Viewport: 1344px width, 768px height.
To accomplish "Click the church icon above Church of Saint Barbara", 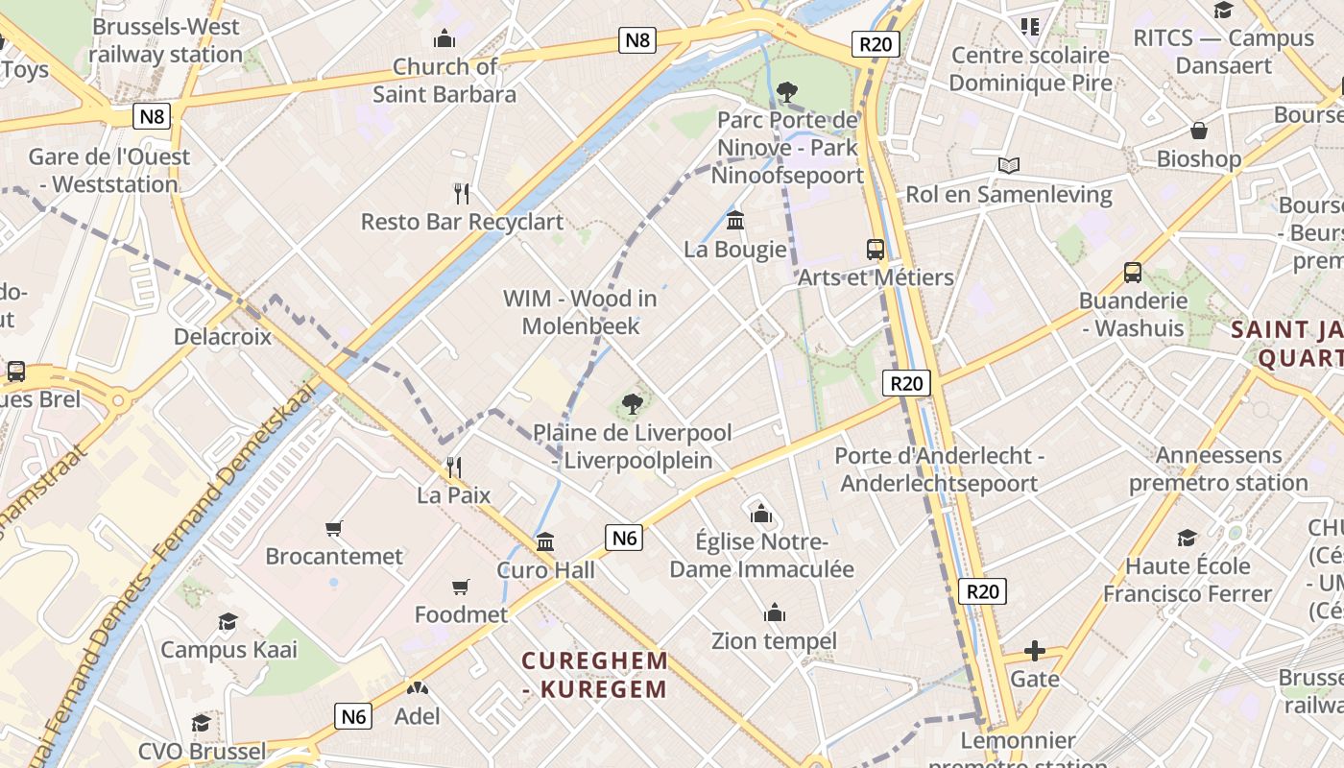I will point(444,39).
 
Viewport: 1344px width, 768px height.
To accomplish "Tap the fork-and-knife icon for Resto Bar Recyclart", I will point(462,194).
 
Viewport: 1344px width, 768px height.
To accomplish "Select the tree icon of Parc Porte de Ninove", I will point(787,92).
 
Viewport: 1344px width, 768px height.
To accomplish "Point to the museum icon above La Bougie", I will point(735,221).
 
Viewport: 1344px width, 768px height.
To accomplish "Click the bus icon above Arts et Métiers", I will point(876,250).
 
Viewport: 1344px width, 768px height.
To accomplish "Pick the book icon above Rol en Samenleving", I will point(1008,166).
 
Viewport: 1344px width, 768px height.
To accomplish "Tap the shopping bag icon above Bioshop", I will point(1198,131).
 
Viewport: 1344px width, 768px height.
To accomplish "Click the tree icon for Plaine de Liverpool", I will point(632,404).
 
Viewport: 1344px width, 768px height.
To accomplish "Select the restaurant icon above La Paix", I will point(453,468).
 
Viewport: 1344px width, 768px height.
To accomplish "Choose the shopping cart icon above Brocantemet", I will point(334,528).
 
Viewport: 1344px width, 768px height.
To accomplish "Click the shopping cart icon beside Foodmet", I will point(461,587).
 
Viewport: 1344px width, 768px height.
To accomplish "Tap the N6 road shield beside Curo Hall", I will point(624,538).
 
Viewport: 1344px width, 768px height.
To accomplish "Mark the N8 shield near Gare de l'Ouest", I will point(152,117).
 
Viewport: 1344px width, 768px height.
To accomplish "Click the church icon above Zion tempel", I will point(774,612).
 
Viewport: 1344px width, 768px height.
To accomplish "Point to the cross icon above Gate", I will point(1034,652).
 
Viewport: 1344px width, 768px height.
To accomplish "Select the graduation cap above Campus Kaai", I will point(228,621).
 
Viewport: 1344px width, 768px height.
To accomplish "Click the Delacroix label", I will point(223,337).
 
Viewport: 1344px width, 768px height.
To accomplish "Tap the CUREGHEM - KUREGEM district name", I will point(595,675).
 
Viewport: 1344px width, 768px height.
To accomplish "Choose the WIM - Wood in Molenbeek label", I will point(580,312).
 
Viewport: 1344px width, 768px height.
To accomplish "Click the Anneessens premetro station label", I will point(1218,468).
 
